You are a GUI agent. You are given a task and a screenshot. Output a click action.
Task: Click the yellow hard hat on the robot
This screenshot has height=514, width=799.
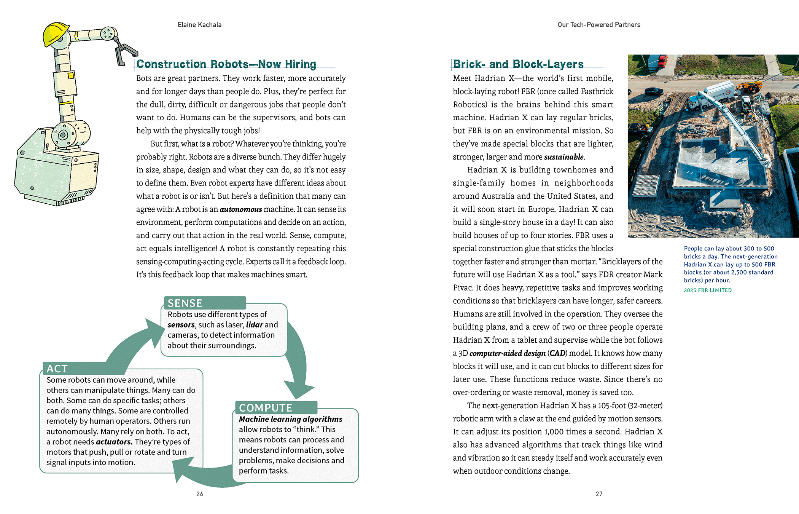55,34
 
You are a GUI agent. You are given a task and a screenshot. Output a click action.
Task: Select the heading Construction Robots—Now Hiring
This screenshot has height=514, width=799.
226,64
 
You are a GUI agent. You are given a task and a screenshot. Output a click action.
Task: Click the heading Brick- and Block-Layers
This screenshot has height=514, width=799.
518,64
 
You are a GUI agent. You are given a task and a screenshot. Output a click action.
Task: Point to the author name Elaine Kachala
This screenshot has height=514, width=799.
199,25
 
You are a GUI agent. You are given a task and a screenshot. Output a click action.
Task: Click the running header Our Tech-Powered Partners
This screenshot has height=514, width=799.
599,25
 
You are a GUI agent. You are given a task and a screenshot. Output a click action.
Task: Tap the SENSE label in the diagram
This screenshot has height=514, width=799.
185,303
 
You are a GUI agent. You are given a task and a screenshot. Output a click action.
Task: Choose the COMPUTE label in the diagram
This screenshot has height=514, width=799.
266,408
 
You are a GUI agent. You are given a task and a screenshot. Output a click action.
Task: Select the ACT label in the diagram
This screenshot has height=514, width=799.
57,369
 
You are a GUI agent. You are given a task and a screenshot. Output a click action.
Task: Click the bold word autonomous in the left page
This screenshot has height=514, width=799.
241,209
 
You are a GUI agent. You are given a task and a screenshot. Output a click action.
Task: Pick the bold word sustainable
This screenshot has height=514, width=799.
564,157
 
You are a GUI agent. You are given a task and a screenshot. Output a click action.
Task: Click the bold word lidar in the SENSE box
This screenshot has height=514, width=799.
255,325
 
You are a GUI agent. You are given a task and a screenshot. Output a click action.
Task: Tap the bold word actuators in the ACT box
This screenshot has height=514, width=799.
114,442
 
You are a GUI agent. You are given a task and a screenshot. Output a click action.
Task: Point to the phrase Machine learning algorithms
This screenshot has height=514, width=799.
291,419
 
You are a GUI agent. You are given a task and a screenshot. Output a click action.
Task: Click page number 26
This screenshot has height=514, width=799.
200,494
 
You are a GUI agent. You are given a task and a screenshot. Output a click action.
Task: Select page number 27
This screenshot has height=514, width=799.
599,494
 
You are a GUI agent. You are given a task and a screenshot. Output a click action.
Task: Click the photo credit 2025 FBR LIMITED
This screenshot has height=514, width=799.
708,290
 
